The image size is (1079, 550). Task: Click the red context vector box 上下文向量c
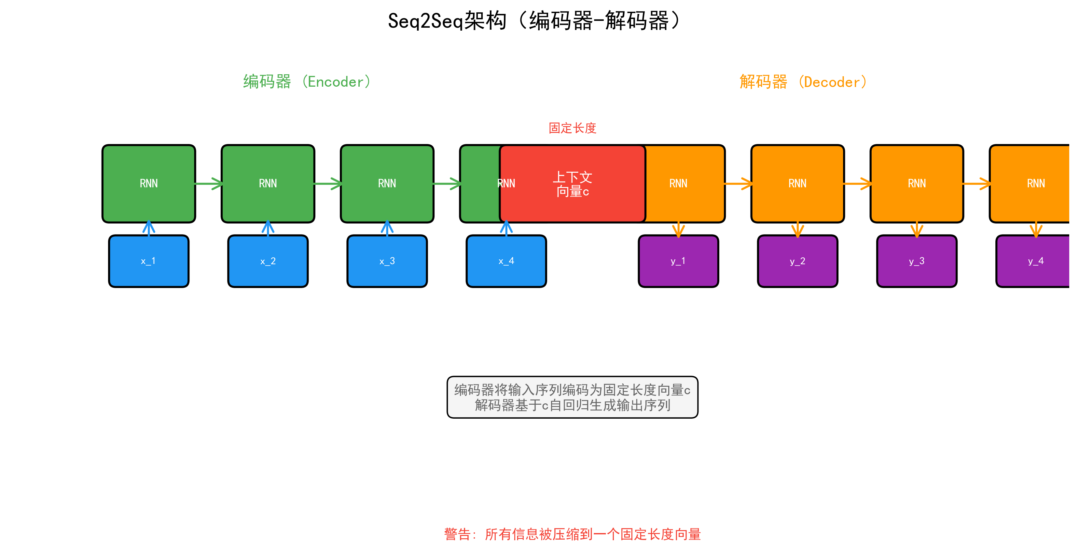[x=572, y=184]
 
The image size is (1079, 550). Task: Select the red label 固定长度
[x=572, y=128]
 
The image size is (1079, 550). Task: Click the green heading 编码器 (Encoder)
[x=307, y=82]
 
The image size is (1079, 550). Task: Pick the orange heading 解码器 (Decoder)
[x=803, y=82]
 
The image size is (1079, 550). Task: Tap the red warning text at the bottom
[x=572, y=534]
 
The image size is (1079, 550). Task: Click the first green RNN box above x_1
[x=149, y=184]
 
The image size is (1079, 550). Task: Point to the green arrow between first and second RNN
[x=208, y=184]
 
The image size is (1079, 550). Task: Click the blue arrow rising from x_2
[x=268, y=228]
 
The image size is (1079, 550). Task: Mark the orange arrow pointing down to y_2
[x=797, y=229]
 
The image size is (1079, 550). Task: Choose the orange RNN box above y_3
[x=917, y=184]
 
